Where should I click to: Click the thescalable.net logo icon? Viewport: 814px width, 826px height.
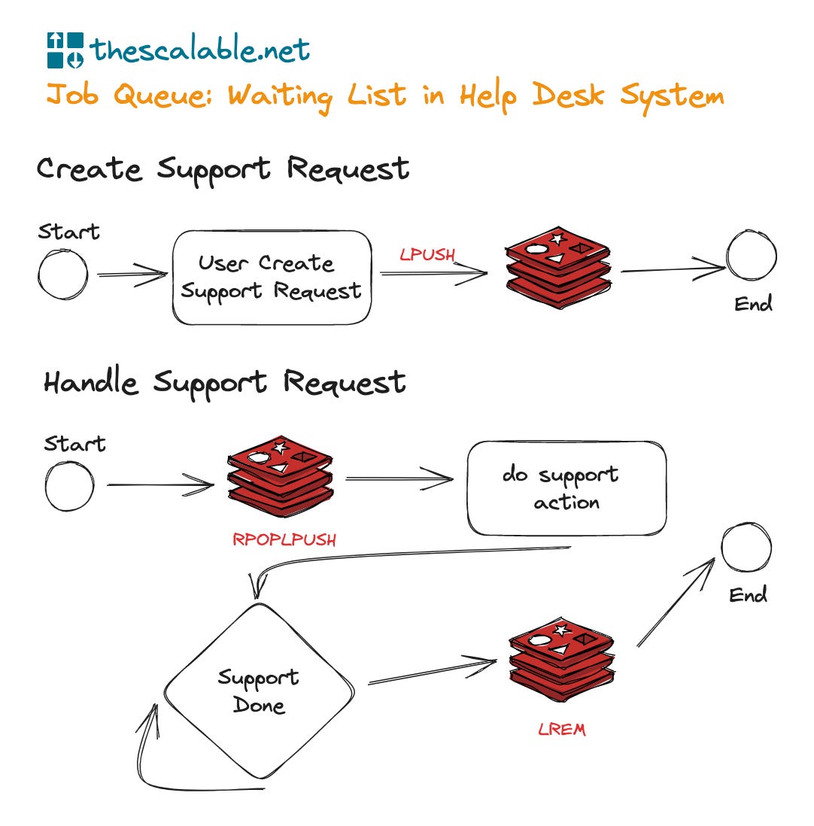tap(65, 50)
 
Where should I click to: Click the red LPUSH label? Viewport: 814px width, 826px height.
tap(427, 255)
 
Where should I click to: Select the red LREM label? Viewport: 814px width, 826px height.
tap(561, 729)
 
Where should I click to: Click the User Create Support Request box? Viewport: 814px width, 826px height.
tap(272, 277)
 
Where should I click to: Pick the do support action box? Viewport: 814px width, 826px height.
tap(566, 488)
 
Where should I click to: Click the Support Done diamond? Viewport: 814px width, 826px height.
tap(259, 691)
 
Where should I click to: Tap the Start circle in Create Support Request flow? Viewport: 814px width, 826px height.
tap(62, 273)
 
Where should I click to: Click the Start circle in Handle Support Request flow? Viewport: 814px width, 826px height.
tap(69, 486)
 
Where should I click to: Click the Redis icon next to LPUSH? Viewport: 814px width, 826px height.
tap(557, 269)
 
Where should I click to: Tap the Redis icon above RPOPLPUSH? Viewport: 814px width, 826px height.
tap(280, 475)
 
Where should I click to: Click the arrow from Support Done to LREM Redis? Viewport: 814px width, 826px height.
tap(433, 673)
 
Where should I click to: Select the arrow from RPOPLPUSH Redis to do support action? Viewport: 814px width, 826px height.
tap(399, 478)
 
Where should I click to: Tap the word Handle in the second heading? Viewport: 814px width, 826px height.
tap(91, 383)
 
